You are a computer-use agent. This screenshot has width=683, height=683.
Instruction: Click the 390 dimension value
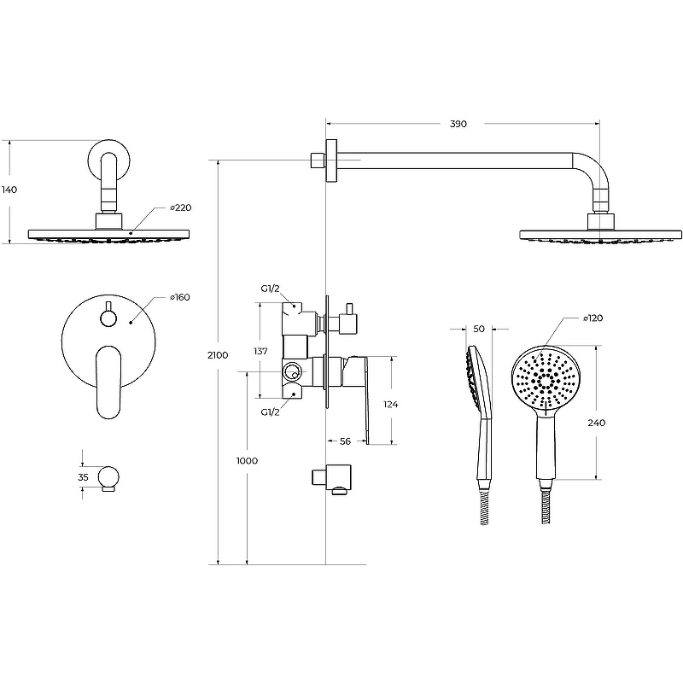[458, 124]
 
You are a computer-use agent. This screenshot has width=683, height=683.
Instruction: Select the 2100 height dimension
[218, 355]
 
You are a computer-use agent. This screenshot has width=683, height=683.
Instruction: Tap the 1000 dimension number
[247, 461]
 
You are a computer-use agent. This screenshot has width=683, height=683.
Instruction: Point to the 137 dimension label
[260, 351]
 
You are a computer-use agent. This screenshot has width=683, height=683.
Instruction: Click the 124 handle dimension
[391, 405]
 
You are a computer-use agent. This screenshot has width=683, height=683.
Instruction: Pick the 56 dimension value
[345, 441]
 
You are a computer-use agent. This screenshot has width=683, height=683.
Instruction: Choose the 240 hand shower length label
[596, 423]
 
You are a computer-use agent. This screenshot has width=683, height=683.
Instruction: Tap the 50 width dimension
[479, 330]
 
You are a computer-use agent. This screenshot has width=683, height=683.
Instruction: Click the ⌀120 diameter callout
[593, 318]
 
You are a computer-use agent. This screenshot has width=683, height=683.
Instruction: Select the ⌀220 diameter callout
[181, 207]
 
